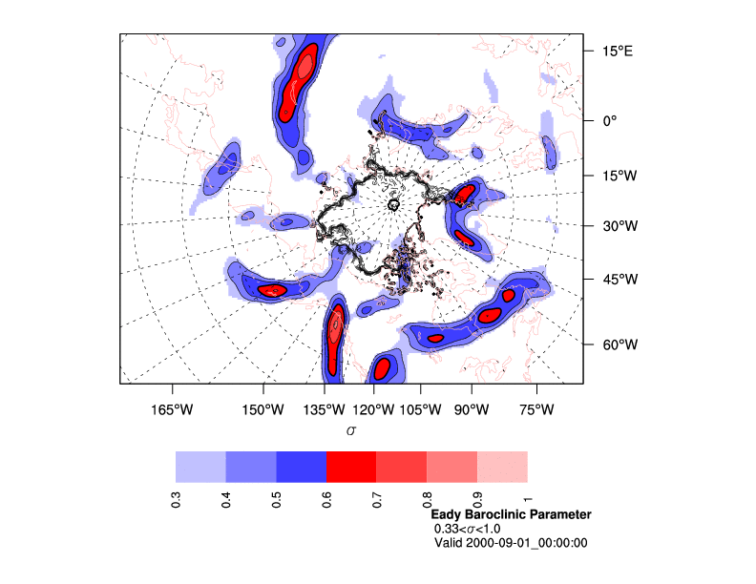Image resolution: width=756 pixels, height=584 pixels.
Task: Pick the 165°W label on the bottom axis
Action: [171, 409]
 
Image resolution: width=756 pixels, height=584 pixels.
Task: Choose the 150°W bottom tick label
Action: [263, 409]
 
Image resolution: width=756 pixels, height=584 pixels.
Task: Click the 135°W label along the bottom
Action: [325, 409]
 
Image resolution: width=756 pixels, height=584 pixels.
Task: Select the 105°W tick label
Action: [421, 409]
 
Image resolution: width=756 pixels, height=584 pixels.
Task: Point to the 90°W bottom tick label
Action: [471, 409]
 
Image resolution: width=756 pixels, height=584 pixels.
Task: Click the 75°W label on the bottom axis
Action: [536, 409]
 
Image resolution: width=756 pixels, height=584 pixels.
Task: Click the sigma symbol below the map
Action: [351, 430]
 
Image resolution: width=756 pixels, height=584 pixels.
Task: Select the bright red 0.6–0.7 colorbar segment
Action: [351, 466]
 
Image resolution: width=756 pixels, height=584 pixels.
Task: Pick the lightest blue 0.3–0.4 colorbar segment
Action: [200, 466]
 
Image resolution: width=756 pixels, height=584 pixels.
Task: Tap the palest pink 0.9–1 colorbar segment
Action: [502, 466]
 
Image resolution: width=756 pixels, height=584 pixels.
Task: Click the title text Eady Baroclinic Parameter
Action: [511, 514]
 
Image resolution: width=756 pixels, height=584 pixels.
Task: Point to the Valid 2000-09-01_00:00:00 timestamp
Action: [511, 543]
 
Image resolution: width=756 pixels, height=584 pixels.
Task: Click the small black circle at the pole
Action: [393, 204]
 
